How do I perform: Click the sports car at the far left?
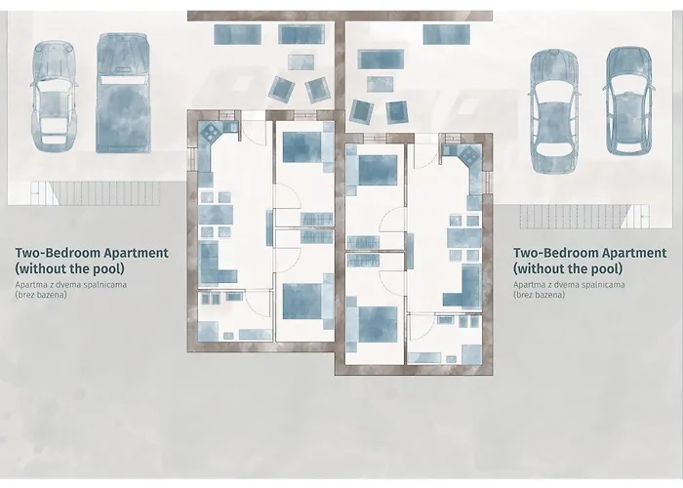click(x=49, y=95)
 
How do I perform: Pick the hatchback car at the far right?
click(x=627, y=99)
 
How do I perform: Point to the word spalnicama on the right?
click(x=594, y=284)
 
